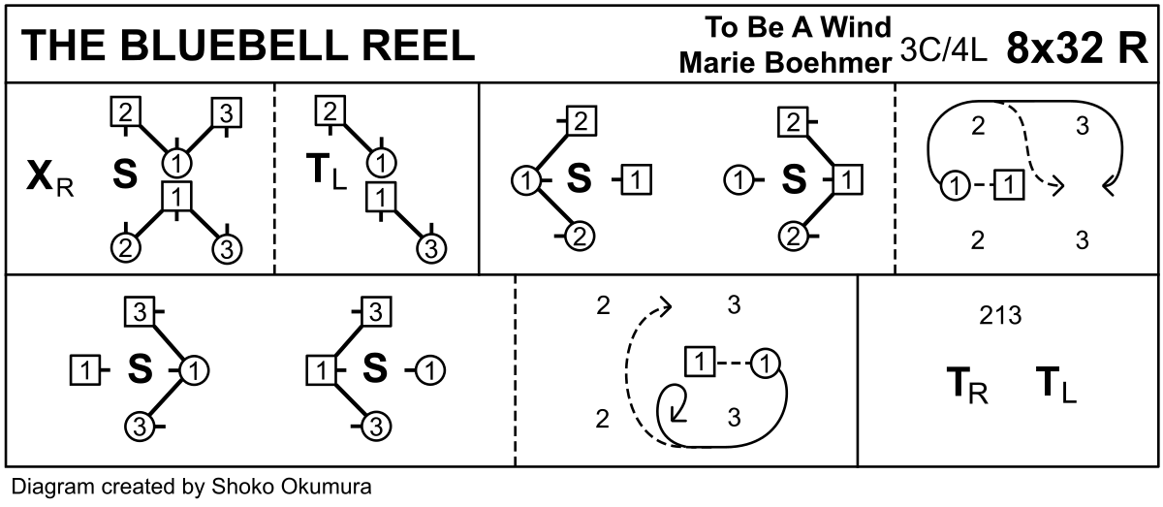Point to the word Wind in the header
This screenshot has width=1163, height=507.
coord(854,26)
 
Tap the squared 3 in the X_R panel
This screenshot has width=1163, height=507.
coord(225,113)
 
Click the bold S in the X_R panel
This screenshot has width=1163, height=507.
coord(124,174)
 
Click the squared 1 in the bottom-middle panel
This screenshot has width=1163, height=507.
coord(700,363)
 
